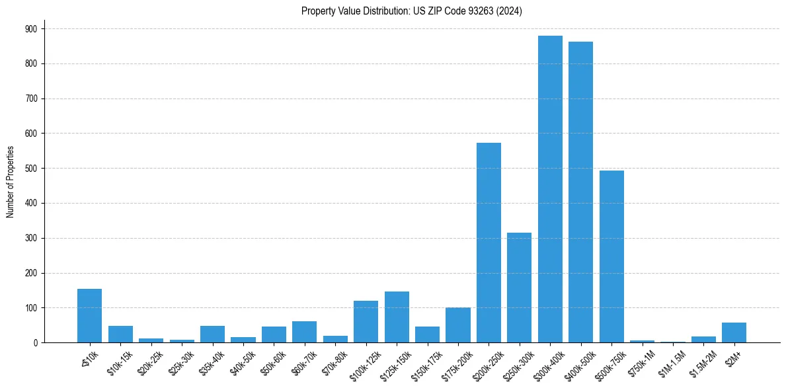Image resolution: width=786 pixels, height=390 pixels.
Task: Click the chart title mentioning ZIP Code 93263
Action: point(411,11)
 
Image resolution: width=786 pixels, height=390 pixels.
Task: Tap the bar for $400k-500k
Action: point(580,192)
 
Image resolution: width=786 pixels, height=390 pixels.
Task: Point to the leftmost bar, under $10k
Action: point(89,316)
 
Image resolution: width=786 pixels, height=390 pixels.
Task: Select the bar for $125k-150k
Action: point(397,317)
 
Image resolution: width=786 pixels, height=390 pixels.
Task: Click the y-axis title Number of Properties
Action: point(10,182)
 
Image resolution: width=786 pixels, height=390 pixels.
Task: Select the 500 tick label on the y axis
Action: point(31,169)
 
